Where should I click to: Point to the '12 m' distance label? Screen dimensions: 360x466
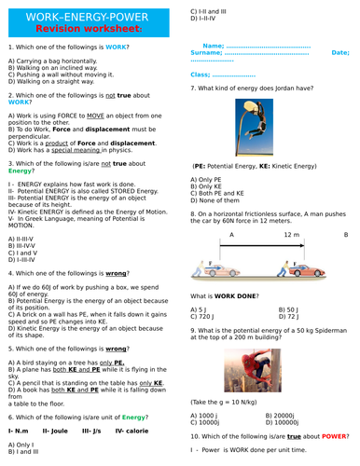tap(291, 236)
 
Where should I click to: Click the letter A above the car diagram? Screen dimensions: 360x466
tap(232, 236)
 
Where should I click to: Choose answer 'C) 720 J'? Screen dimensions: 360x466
tap(205, 317)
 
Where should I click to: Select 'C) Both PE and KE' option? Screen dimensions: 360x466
tap(221, 193)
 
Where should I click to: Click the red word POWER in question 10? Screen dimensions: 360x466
tap(338, 436)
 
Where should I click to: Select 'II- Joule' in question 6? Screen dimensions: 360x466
tap(59, 432)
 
